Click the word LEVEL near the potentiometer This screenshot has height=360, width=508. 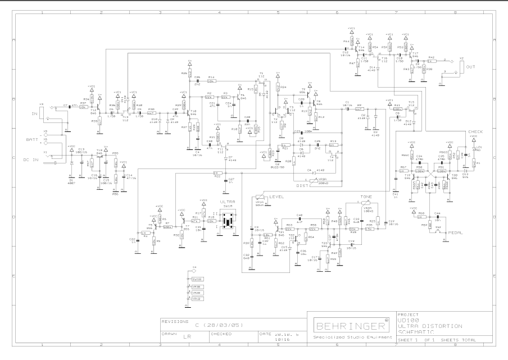point(276,196)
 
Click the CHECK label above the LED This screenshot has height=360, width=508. point(475,131)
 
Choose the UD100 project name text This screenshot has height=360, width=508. point(405,320)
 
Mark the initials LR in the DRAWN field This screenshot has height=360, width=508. point(186,339)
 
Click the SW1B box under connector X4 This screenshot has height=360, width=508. point(196,279)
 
